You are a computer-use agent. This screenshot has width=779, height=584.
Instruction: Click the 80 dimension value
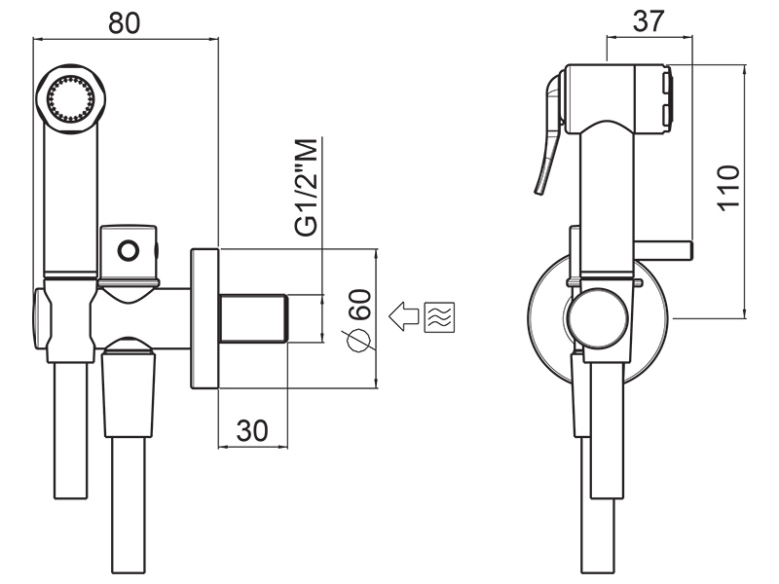click(x=125, y=23)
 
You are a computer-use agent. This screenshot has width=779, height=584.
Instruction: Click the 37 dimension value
click(x=649, y=20)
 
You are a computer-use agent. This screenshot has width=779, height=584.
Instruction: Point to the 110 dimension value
click(x=728, y=188)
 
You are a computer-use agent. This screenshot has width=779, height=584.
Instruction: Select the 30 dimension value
click(x=252, y=430)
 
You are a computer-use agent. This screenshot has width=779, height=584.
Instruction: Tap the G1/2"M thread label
click(x=306, y=187)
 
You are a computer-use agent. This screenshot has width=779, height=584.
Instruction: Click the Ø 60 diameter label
click(x=358, y=320)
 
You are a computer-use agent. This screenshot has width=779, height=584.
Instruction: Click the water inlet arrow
click(x=404, y=316)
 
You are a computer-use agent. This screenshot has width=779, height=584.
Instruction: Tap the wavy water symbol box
click(x=440, y=317)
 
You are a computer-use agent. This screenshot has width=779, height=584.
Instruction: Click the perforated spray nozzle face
click(x=70, y=98)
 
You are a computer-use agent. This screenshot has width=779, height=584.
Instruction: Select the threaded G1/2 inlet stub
click(x=253, y=319)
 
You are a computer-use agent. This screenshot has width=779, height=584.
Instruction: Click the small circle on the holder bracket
click(x=129, y=250)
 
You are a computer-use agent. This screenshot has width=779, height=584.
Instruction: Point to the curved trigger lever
click(x=548, y=134)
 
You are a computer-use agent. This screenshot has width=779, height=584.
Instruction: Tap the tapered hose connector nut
click(x=129, y=388)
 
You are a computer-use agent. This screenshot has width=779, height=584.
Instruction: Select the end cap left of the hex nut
click(x=41, y=319)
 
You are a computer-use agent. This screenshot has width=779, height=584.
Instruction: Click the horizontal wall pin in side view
click(x=662, y=251)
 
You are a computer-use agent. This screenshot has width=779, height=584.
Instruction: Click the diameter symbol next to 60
click(x=358, y=341)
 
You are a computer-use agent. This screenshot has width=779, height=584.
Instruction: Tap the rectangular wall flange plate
click(x=204, y=318)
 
